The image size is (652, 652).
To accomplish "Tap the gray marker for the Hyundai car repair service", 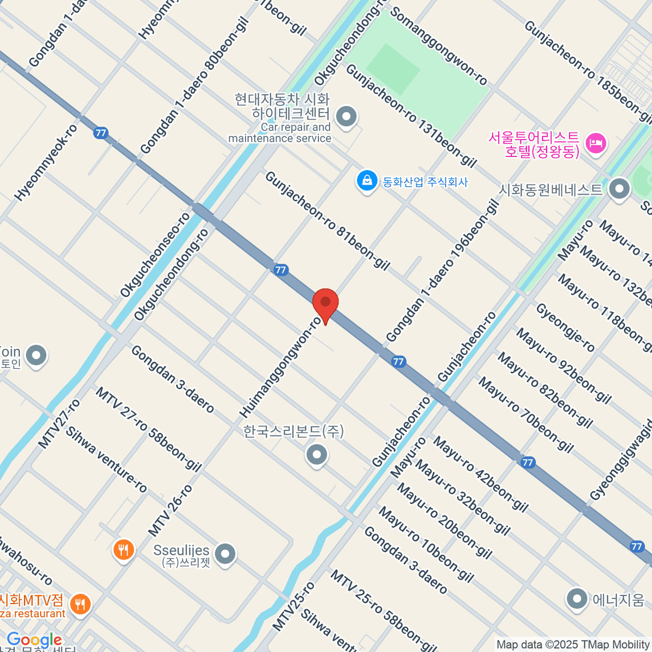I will (346, 116).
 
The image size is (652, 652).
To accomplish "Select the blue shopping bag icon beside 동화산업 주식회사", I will (367, 181).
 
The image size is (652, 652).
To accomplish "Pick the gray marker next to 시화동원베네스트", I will (619, 189).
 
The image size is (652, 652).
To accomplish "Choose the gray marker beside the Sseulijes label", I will (225, 555).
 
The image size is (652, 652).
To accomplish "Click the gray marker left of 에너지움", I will (576, 599).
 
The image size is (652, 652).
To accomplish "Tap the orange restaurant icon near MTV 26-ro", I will (123, 550).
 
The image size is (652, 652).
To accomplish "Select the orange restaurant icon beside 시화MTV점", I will (80, 604).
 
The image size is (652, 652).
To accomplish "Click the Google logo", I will (34, 640).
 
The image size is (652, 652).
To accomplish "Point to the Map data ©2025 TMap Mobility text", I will (573, 645).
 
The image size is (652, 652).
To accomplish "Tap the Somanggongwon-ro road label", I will (439, 46).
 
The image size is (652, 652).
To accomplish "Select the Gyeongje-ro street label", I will (566, 328).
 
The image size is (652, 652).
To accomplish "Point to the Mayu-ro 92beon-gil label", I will (563, 366).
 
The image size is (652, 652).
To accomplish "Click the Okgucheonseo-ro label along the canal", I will (155, 255).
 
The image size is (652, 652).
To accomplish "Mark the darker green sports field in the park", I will (393, 70).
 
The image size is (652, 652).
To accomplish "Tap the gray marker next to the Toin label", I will (36, 356).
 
